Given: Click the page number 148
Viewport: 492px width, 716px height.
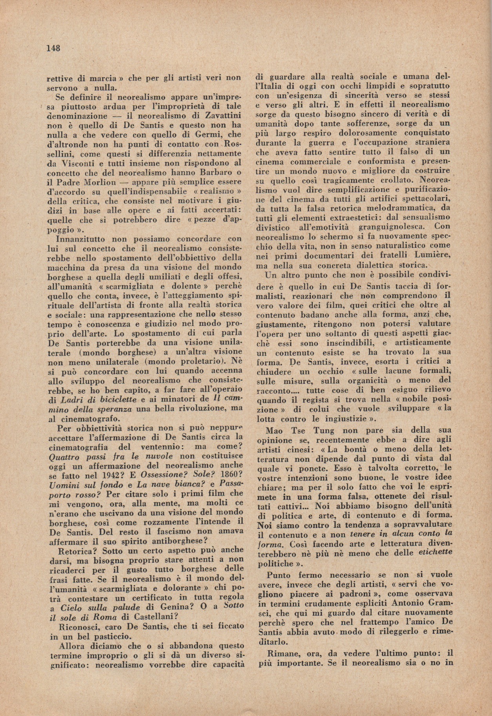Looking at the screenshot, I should coord(53,48).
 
